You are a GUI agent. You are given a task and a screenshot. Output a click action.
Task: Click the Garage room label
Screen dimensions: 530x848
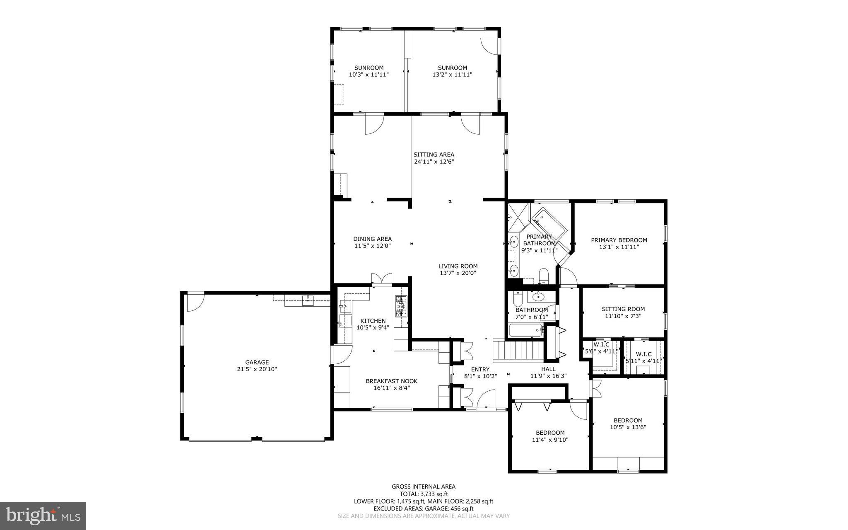point(257,362)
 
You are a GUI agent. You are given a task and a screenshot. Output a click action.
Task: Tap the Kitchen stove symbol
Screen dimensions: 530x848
point(401,306)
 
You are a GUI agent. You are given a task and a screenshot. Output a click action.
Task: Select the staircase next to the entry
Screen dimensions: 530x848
point(517,350)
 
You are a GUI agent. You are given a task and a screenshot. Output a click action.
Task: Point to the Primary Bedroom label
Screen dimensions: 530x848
point(619,240)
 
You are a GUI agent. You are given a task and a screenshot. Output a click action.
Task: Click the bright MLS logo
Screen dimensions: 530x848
point(43,515)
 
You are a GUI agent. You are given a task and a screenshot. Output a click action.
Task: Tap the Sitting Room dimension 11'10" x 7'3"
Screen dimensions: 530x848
point(623,316)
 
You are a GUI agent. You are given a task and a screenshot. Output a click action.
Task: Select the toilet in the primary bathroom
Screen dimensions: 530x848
point(544,276)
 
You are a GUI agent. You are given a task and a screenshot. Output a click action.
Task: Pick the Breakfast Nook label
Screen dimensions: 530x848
point(391,381)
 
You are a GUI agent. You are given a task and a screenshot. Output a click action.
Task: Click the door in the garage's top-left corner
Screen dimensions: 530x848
point(195,302)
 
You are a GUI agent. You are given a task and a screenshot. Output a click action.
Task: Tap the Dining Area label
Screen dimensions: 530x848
point(372,239)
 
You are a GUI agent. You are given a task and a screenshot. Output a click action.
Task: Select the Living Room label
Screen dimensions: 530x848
point(458,266)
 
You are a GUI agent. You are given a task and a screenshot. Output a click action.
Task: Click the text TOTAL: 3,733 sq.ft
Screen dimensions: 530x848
point(424,494)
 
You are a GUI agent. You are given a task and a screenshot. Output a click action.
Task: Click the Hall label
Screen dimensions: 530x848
point(548,369)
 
